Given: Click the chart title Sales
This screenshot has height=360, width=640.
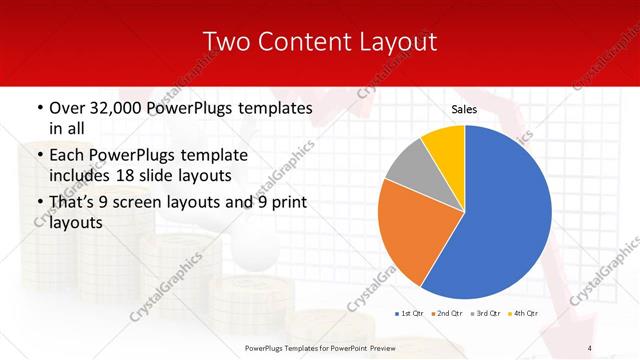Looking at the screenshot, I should (x=464, y=109).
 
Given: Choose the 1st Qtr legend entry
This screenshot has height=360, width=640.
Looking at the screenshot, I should (x=411, y=314).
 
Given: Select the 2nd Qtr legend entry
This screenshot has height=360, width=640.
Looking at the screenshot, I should (x=449, y=314).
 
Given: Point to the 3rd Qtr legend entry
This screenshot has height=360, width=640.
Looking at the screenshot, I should (x=488, y=314).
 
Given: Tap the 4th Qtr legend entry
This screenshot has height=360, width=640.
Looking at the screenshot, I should (x=526, y=314).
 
